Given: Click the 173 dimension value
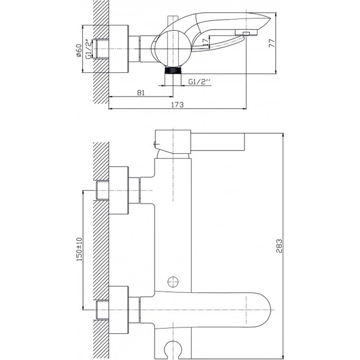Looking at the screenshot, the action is click(178, 105).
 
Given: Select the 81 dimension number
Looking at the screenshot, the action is click(141, 93).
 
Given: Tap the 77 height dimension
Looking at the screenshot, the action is click(272, 43).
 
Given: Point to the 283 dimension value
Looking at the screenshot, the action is click(279, 246).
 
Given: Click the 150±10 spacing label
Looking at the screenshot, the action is click(79, 249).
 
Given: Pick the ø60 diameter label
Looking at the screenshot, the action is click(79, 50).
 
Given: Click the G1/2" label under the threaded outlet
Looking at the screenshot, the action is click(200, 82).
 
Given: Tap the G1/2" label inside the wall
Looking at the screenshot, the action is click(89, 49).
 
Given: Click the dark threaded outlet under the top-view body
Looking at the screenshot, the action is click(173, 70).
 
